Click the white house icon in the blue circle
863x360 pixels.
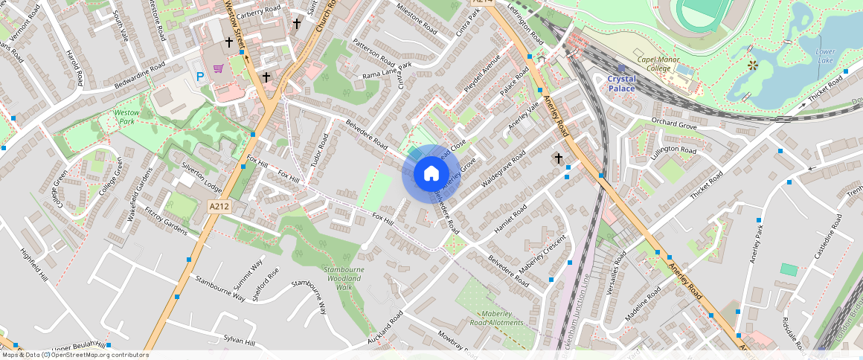pos(431,174)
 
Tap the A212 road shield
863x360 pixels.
pos(218,207)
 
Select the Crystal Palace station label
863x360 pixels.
pos(622,83)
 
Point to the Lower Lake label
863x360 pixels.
pos(825,56)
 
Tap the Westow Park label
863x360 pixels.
pos(126,116)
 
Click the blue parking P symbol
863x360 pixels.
pos(199,76)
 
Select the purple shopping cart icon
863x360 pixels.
pos(219,68)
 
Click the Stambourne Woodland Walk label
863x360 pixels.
pos(343,277)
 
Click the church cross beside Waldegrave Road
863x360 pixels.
pos(558,158)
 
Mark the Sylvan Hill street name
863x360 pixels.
pos(240,342)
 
